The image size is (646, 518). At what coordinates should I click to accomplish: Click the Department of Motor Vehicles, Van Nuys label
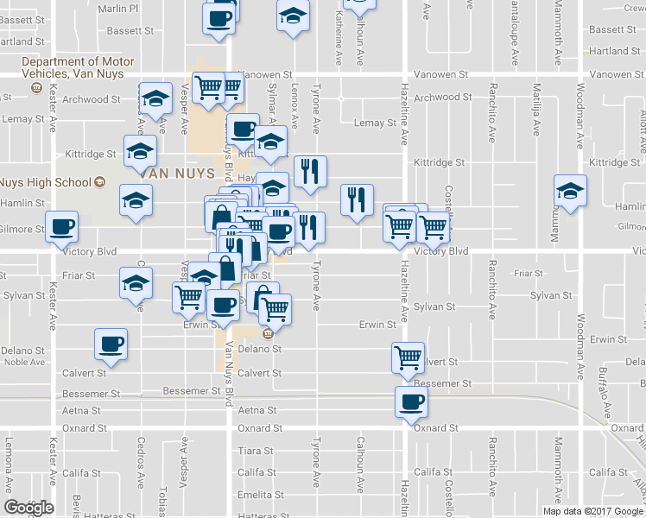click(x=78, y=68)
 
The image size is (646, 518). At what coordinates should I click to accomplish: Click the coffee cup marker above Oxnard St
click(x=411, y=401)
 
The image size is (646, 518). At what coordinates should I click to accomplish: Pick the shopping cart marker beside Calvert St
click(x=408, y=357)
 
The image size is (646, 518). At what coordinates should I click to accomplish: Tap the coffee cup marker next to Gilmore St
click(x=60, y=227)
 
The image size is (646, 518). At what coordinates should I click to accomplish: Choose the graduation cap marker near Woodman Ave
click(x=570, y=191)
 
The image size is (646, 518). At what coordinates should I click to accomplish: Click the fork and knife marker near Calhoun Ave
click(x=357, y=200)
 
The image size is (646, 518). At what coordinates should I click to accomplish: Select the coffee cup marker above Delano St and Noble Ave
click(x=111, y=344)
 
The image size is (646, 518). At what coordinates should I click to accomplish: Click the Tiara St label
click(x=256, y=451)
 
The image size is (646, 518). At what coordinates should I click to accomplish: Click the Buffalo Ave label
click(x=605, y=390)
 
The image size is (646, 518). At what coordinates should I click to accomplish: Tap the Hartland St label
click(x=615, y=51)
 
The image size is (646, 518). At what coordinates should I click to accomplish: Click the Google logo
click(x=28, y=508)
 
